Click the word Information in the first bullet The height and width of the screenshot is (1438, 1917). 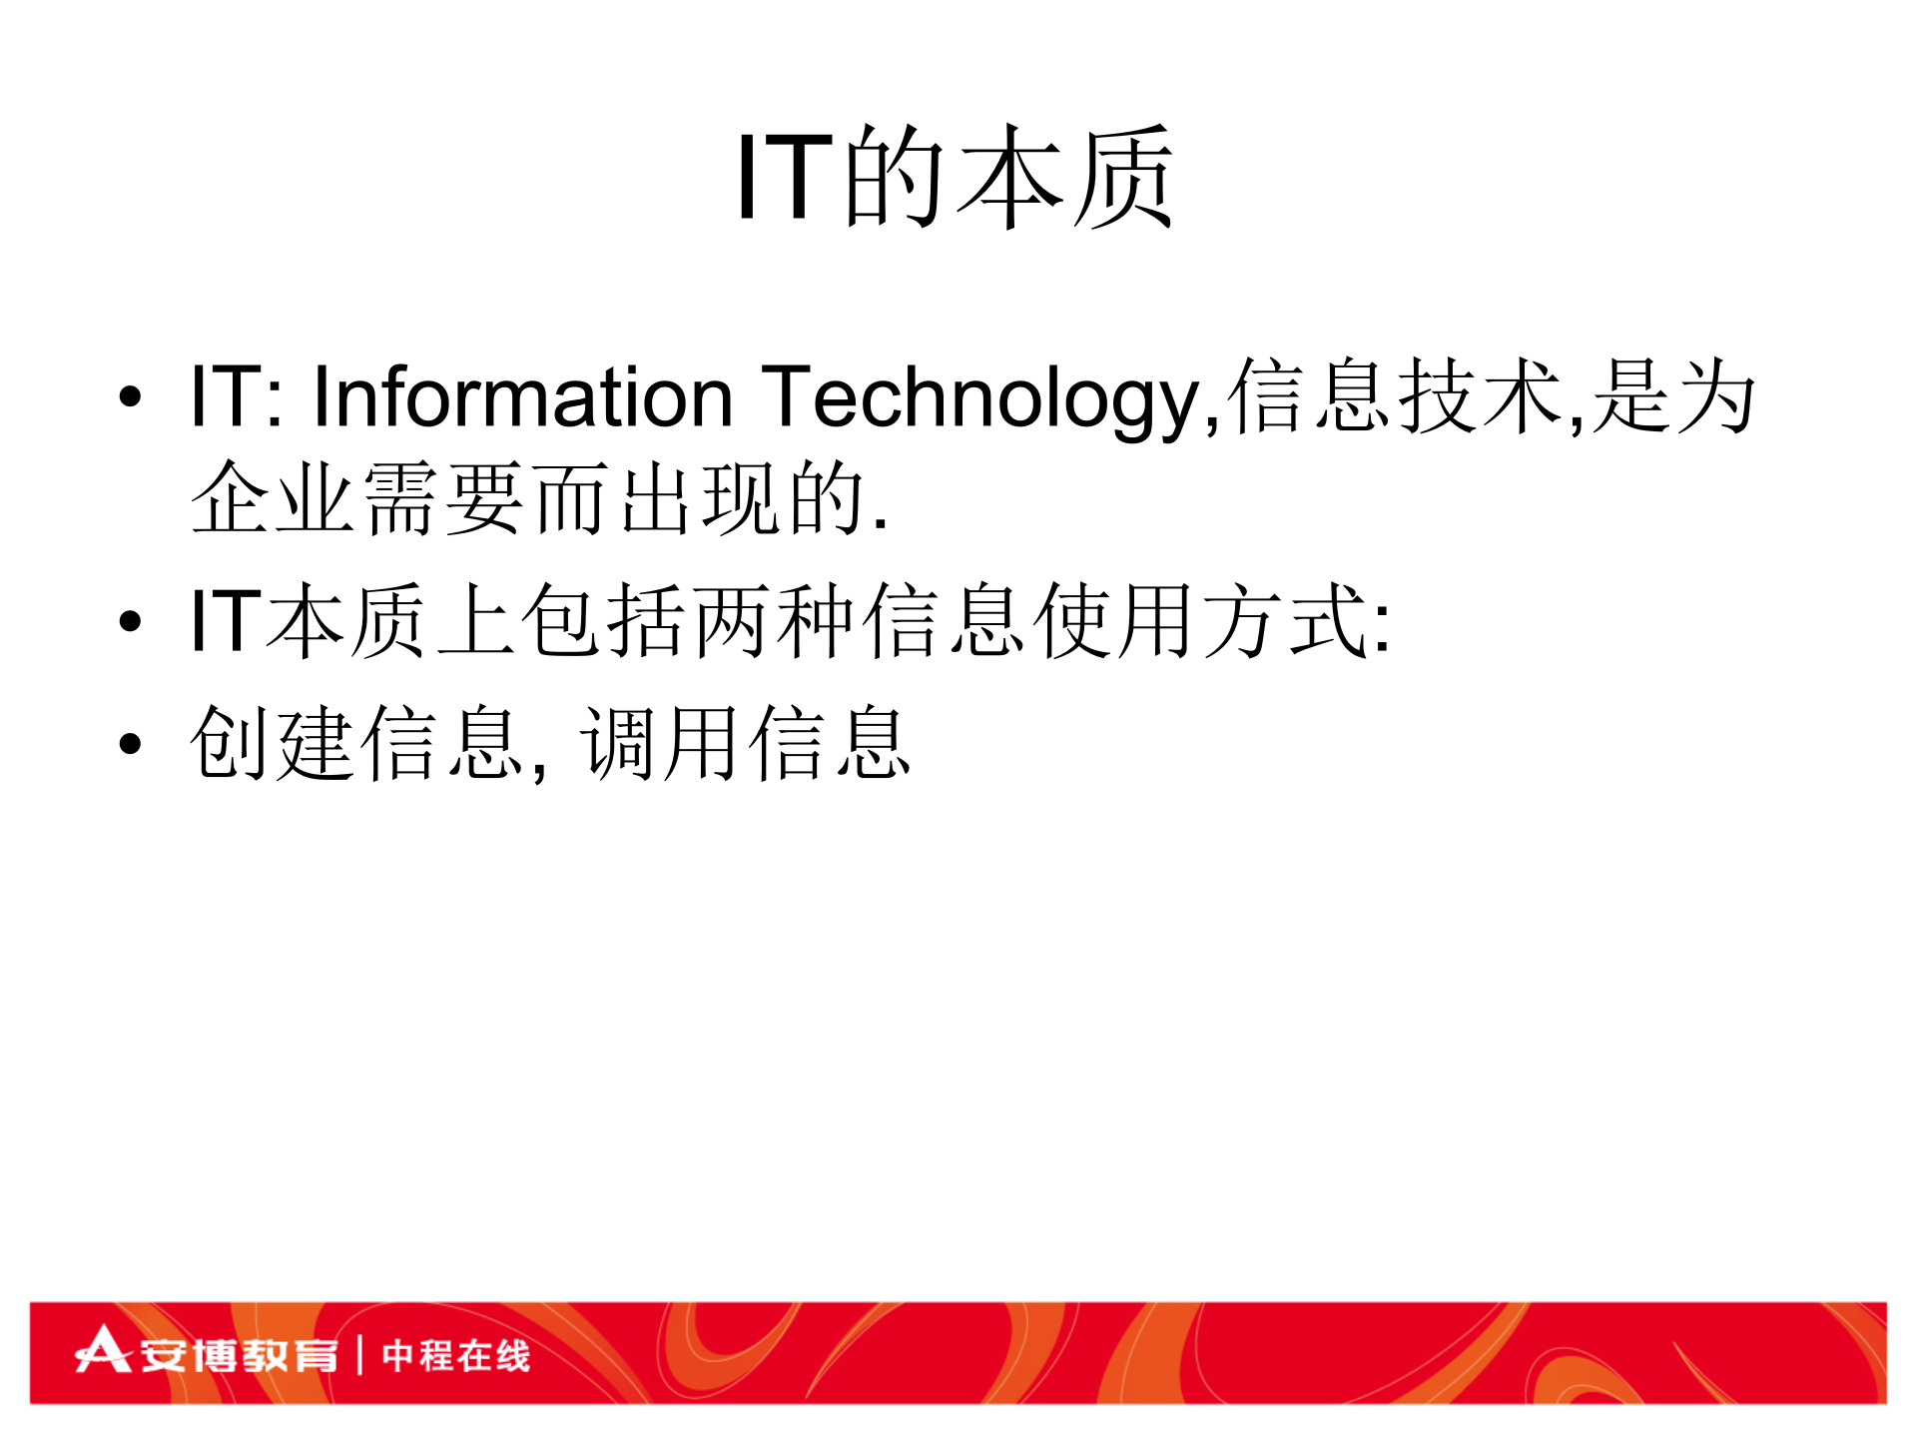523,397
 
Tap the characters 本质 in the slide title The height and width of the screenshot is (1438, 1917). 1064,178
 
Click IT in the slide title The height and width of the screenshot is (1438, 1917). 785,178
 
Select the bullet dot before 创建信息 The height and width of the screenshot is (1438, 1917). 130,743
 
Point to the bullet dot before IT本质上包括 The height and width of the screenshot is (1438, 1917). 130,621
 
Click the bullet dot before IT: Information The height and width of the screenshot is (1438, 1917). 130,397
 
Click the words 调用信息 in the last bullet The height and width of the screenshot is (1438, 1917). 745,743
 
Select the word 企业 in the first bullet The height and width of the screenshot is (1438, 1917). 272,497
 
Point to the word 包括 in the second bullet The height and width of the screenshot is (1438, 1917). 604,621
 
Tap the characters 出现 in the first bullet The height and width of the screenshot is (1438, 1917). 699,497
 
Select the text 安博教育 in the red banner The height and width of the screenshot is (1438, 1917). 238,1355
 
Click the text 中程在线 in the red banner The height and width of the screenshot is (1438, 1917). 455,1355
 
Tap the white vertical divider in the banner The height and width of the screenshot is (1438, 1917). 359,1355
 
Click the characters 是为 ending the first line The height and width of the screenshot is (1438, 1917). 1673,397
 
